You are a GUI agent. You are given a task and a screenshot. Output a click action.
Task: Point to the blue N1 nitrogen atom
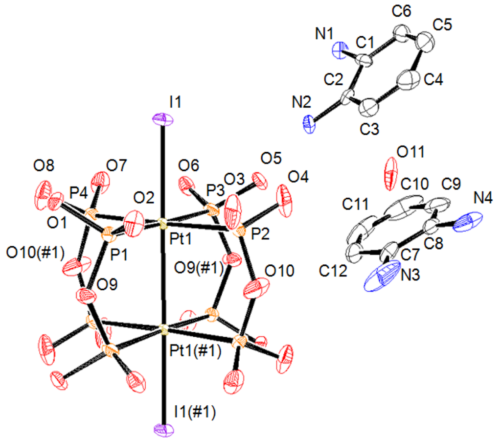click(x=341, y=48)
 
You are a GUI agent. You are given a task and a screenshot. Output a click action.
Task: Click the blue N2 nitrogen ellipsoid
click(x=310, y=123)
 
